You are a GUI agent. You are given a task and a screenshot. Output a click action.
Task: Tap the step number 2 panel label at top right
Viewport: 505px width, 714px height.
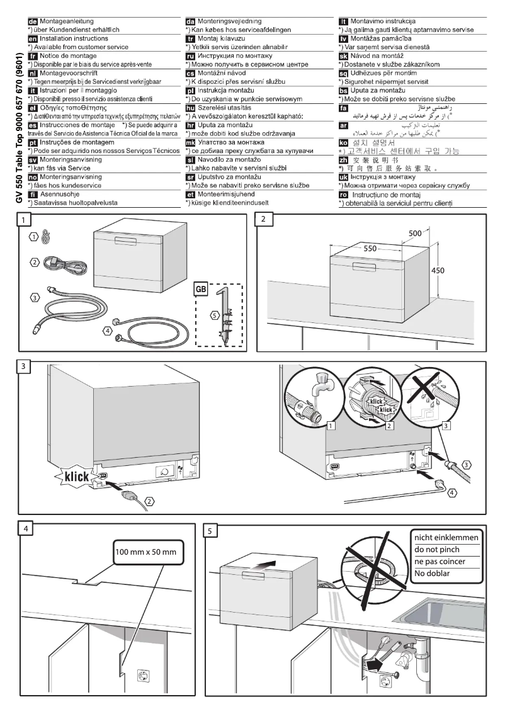point(264,220)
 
